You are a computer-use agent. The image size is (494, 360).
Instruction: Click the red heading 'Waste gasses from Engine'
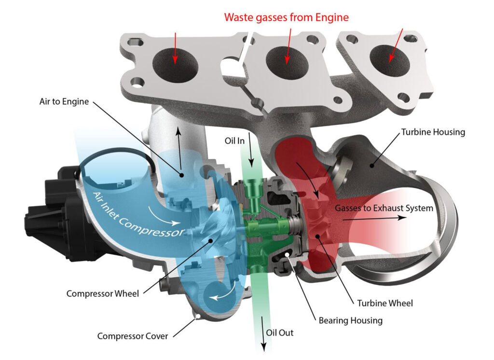pos(286,17)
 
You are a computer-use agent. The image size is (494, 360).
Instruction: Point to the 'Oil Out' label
pos(280,332)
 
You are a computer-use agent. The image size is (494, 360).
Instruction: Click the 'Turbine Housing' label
pos(433,132)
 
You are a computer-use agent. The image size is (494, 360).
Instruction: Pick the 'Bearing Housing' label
pos(350,320)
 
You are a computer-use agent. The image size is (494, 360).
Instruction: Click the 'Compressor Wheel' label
pos(102,293)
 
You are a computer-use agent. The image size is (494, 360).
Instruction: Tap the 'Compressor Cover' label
pos(133,336)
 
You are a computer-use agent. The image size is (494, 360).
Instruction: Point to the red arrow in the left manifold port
pos(176,48)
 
